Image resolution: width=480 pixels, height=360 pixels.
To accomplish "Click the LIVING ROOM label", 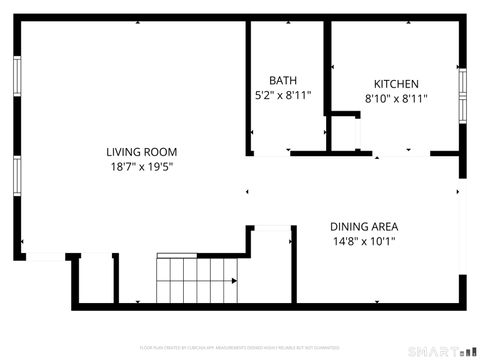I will [x=148, y=152].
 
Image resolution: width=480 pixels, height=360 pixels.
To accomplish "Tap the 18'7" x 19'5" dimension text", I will [x=148, y=167].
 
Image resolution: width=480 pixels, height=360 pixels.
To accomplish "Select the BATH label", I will [x=283, y=81].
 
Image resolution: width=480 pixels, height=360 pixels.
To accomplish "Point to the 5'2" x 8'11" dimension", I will [x=283, y=96].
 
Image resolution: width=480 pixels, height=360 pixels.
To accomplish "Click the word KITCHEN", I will [x=396, y=84].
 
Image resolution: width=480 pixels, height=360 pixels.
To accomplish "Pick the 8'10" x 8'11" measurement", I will [x=396, y=99].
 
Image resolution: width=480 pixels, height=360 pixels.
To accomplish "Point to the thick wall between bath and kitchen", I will [x=327, y=85].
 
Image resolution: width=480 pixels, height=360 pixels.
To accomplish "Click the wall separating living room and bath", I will [x=248, y=85].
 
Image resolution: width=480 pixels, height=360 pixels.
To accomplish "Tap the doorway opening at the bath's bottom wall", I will [x=270, y=154].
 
